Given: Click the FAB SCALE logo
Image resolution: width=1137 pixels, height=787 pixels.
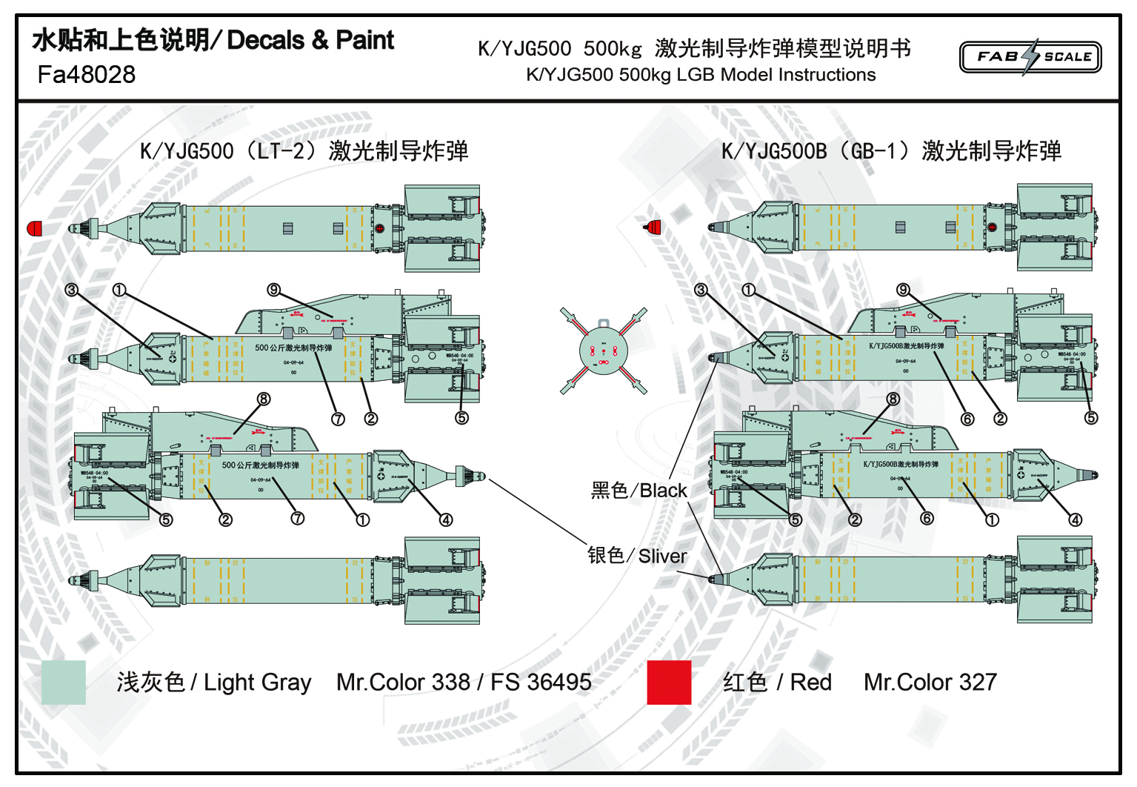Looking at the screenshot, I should pyautogui.click(x=1030, y=57).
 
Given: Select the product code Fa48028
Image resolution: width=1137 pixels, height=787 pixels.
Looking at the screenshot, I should pyautogui.click(x=87, y=75).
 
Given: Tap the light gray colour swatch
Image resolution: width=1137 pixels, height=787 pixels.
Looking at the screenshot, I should pyautogui.click(x=64, y=682).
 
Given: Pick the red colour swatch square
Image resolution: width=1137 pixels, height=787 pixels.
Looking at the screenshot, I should pyautogui.click(x=669, y=682).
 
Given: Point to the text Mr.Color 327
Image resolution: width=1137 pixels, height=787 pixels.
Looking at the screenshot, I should pyautogui.click(x=930, y=682).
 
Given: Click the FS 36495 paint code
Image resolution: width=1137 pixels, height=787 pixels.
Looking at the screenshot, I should pyautogui.click(x=541, y=682).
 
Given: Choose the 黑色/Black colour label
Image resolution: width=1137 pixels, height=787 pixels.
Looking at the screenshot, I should pyautogui.click(x=638, y=491).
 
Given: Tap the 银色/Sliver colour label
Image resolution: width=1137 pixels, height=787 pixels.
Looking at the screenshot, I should pyautogui.click(x=637, y=556).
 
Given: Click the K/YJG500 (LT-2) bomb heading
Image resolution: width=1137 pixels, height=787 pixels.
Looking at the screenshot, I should pyautogui.click(x=304, y=151).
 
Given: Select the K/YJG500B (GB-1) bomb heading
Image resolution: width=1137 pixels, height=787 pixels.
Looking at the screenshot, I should pyautogui.click(x=891, y=151).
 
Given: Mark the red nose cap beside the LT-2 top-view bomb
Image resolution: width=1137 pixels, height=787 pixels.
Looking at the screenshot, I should pyautogui.click(x=34, y=228).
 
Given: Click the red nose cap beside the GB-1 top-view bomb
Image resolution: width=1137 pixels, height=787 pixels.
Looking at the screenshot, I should pyautogui.click(x=653, y=227).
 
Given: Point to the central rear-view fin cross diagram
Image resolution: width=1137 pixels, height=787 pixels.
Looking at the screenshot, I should pyautogui.click(x=604, y=351).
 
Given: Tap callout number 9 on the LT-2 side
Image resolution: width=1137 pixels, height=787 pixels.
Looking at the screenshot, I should pyautogui.click(x=274, y=290).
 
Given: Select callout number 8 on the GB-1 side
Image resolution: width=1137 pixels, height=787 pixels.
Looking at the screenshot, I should pyautogui.click(x=893, y=399).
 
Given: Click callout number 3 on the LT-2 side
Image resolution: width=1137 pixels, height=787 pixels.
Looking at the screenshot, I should pyautogui.click(x=71, y=290).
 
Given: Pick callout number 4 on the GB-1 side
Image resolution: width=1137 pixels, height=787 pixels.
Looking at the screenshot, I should pyautogui.click(x=1076, y=520).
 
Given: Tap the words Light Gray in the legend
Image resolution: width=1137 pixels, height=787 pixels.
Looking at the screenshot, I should pyautogui.click(x=257, y=682).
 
